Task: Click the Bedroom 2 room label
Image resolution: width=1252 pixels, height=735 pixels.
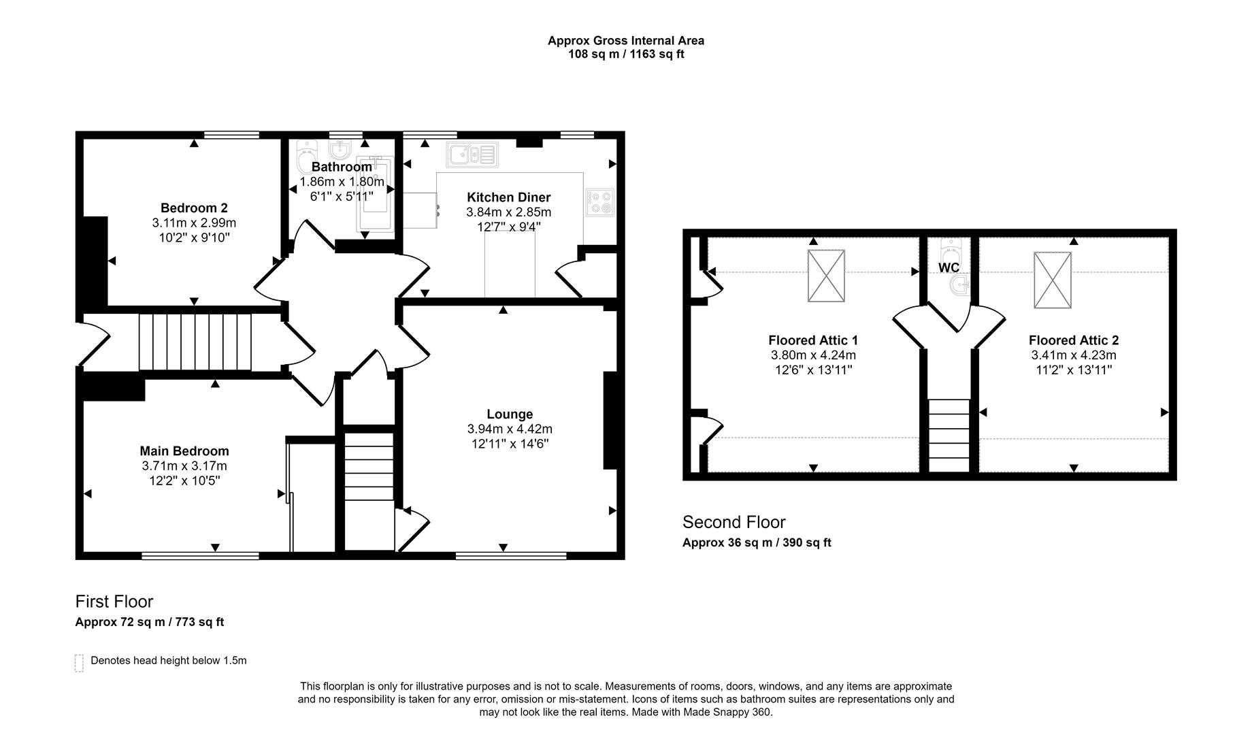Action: pyautogui.click(x=194, y=208)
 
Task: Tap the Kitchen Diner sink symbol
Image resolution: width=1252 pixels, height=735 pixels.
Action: pyautogui.click(x=472, y=154)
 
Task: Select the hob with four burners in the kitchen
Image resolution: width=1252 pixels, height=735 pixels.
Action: pyautogui.click(x=600, y=202)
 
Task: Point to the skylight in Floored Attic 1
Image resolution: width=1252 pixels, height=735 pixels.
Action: pyautogui.click(x=826, y=276)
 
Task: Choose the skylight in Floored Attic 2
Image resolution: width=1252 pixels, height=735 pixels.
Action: pyautogui.click(x=1052, y=280)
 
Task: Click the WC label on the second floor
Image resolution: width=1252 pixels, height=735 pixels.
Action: pyautogui.click(x=949, y=267)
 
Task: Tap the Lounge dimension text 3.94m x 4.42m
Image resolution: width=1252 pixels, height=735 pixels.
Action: pyautogui.click(x=510, y=429)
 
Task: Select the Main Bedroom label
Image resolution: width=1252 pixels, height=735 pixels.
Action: pyautogui.click(x=184, y=451)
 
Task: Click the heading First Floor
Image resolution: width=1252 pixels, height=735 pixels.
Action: pyautogui.click(x=114, y=602)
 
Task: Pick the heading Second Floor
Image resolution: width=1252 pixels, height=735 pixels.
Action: pyautogui.click(x=734, y=522)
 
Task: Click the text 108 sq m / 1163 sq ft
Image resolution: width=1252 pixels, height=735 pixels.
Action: pyautogui.click(x=626, y=54)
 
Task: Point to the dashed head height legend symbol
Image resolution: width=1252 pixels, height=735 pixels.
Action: pyautogui.click(x=79, y=663)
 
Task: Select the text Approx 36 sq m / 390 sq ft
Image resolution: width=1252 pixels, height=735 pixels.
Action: pyautogui.click(x=757, y=542)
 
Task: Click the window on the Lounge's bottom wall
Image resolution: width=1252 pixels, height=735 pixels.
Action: pyautogui.click(x=510, y=556)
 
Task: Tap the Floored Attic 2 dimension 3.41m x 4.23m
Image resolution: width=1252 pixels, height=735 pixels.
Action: pyautogui.click(x=1073, y=355)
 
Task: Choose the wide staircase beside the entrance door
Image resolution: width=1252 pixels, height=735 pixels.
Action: pyautogui.click(x=195, y=342)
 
